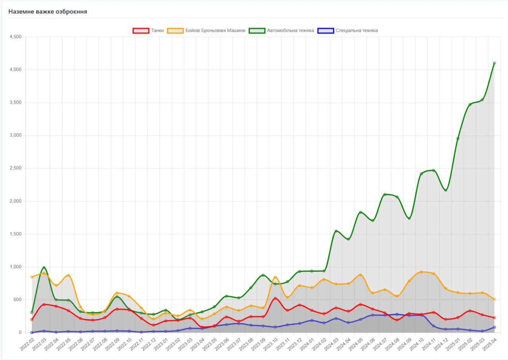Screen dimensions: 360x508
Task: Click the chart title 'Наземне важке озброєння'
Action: point(48,12)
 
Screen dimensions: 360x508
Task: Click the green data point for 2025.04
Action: point(494,63)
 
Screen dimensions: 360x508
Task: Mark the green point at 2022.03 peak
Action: point(44,268)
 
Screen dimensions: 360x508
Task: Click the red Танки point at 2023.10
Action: point(275,298)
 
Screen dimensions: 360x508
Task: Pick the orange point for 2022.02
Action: point(32,277)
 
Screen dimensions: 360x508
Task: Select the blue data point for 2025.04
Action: point(494,327)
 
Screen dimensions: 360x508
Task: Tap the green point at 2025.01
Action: point(458,139)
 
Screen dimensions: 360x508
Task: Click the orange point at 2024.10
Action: point(421,272)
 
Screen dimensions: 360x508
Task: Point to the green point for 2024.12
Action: point(446,190)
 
